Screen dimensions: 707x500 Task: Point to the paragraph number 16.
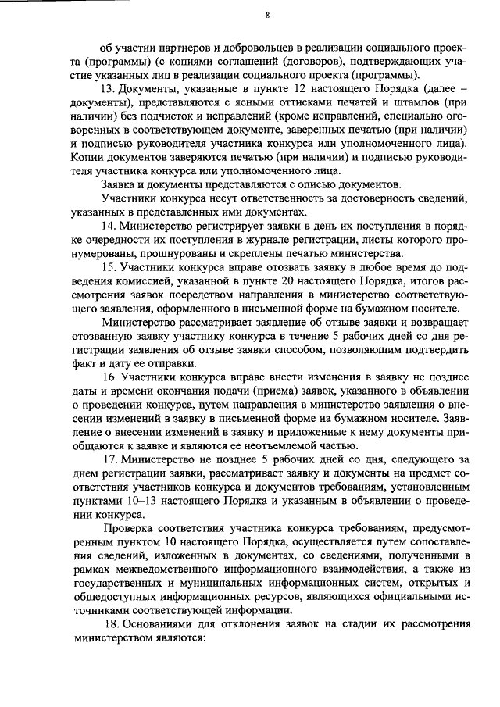(x=109, y=378)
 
